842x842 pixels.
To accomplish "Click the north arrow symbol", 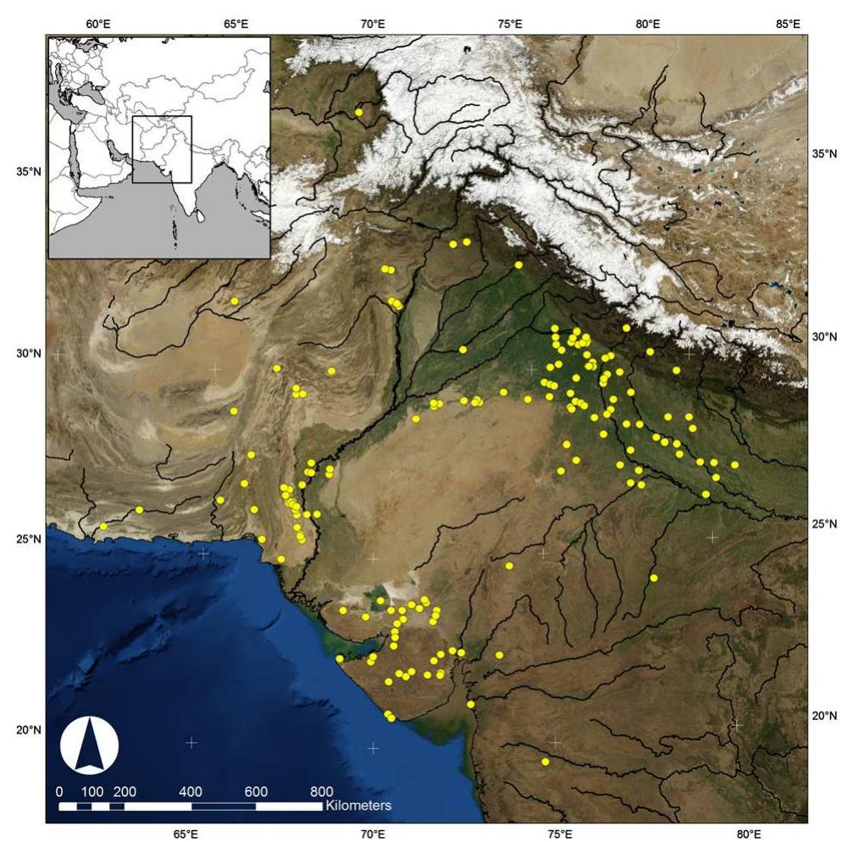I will coord(90,745).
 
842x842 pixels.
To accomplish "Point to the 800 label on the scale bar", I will coord(322,791).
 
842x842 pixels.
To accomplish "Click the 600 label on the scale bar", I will coord(256,791).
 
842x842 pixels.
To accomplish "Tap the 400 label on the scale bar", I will coord(190,791).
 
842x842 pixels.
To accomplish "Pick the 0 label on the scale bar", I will coord(59,791).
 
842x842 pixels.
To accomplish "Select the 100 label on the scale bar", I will coord(92,791).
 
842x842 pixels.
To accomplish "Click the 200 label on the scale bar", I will coord(125,791).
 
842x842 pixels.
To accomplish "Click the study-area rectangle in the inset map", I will coord(162,149).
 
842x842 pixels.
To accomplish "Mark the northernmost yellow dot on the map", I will coord(359,112).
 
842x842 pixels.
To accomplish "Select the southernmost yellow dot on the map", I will coord(546,762).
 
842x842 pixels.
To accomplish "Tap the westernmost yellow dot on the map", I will coord(103,526).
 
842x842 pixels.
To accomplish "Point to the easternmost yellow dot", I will coord(734,464).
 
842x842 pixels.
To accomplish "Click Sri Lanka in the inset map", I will coord(202,215).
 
